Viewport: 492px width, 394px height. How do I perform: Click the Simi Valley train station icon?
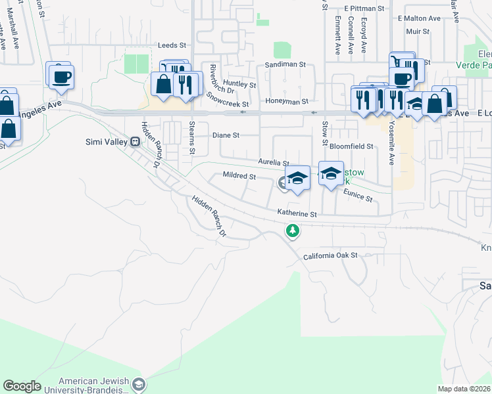click(135, 141)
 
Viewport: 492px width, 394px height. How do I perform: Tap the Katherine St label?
click(297, 213)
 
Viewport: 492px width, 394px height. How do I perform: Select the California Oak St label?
click(330, 255)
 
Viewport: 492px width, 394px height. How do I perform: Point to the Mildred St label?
click(239, 176)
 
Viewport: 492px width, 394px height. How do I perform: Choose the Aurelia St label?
click(274, 162)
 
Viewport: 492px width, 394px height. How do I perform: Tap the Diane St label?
click(226, 135)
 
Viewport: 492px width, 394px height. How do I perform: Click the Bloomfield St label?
click(351, 146)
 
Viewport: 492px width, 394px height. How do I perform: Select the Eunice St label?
click(358, 194)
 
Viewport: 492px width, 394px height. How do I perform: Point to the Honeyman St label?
click(287, 102)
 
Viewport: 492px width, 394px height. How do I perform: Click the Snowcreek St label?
click(228, 99)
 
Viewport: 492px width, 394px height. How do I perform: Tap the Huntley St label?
click(239, 85)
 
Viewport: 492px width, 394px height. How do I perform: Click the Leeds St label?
click(172, 45)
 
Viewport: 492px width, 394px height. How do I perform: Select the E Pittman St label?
click(364, 9)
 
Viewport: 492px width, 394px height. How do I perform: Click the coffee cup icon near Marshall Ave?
click(61, 76)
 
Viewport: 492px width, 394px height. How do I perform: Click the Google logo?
click(22, 386)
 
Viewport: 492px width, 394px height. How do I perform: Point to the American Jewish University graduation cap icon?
click(139, 383)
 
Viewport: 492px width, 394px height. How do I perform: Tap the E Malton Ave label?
click(419, 19)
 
